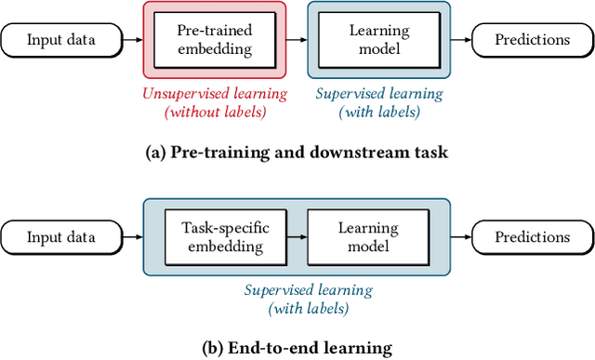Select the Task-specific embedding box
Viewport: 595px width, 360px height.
pyautogui.click(x=213, y=238)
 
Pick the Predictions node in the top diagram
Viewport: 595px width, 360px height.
pyautogui.click(x=532, y=39)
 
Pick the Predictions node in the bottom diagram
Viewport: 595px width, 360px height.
pyautogui.click(x=532, y=238)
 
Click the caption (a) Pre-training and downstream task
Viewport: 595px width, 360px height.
pyautogui.click(x=297, y=152)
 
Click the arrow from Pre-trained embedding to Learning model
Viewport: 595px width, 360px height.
pyautogui.click(x=296, y=39)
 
